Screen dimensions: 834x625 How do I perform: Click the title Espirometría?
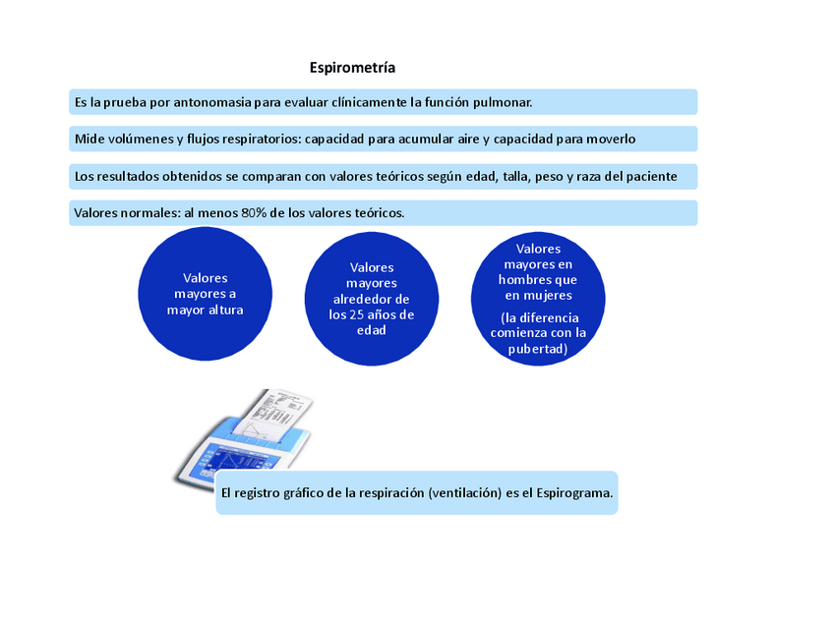pyautogui.click(x=352, y=68)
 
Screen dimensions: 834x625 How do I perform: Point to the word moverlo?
pyautogui.click(x=611, y=139)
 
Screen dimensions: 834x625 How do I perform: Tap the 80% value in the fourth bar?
pyautogui.click(x=255, y=213)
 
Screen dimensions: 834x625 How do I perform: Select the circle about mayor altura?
pyautogui.click(x=205, y=295)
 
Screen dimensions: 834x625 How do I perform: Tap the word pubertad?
pyautogui.click(x=538, y=348)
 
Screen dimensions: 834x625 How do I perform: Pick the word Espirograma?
pyautogui.click(x=574, y=492)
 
